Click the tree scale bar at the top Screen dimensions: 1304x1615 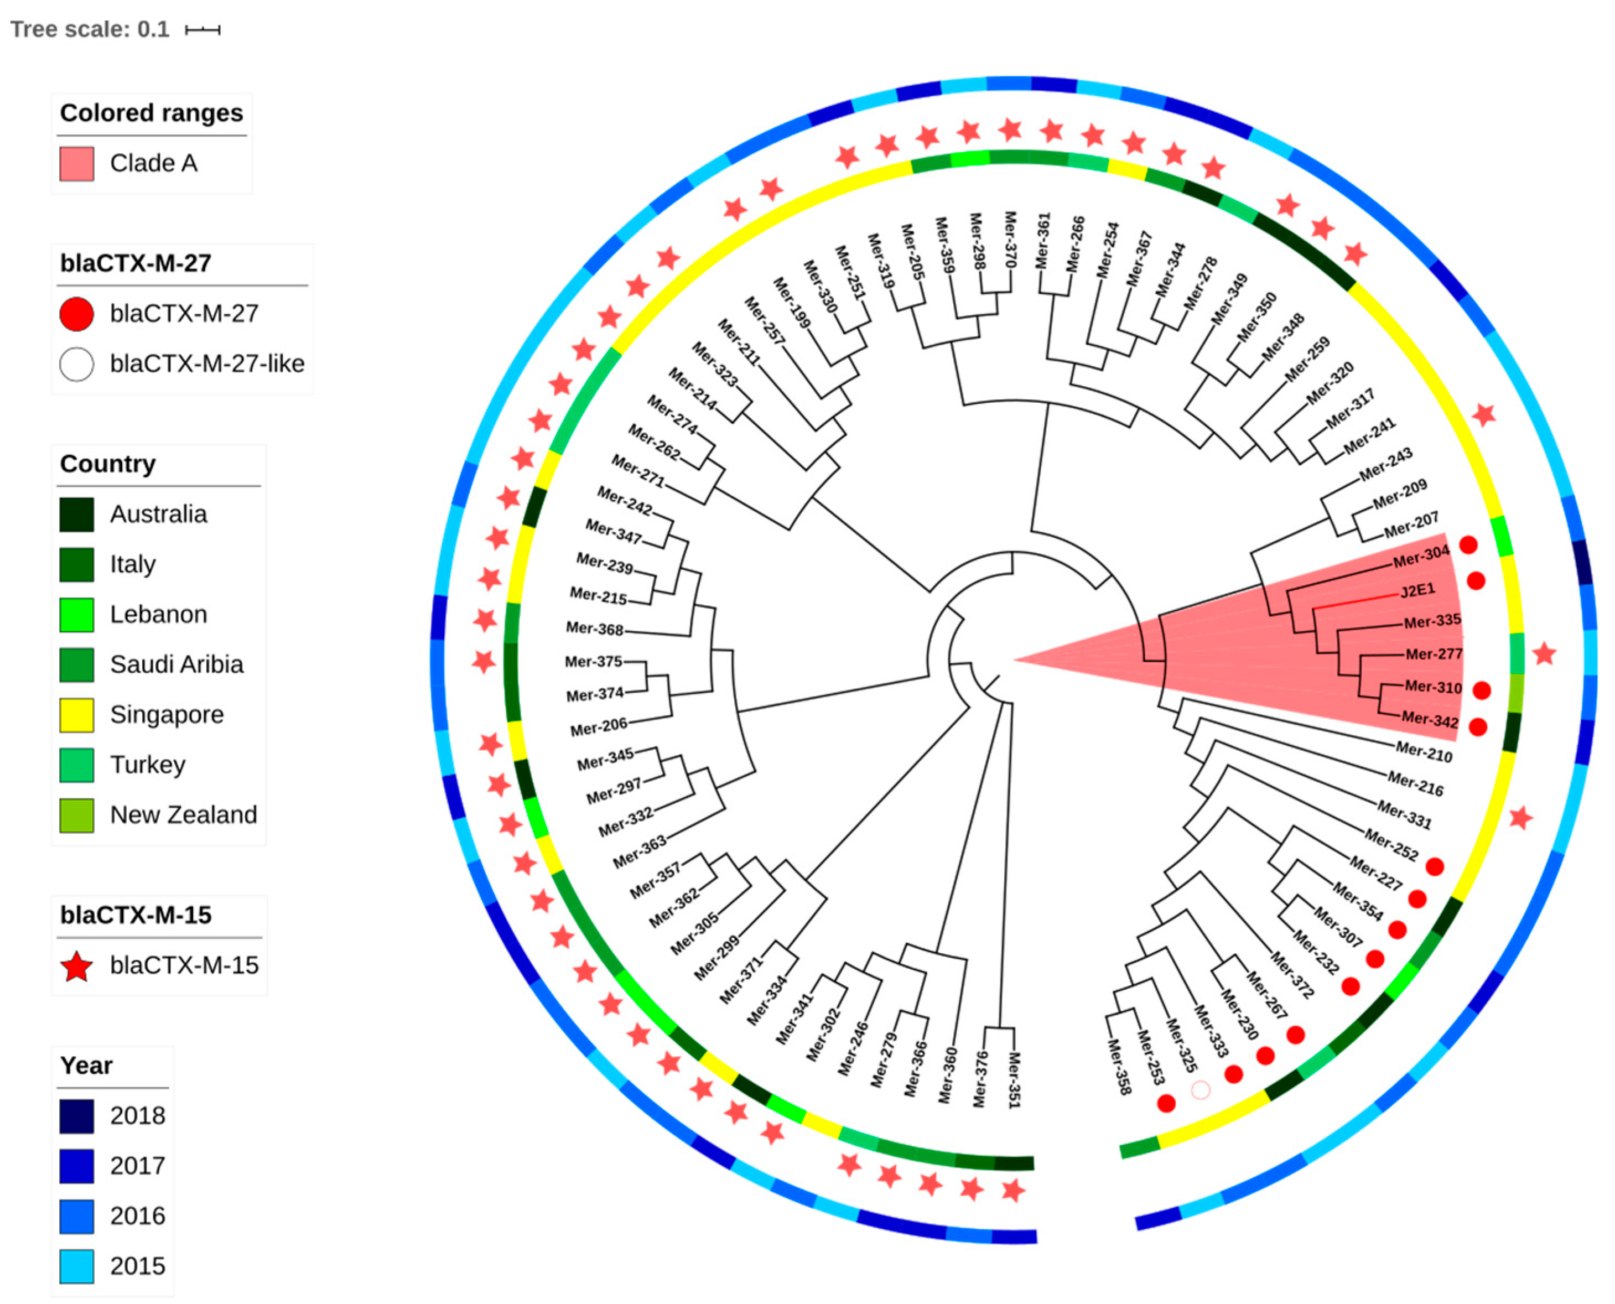click(x=203, y=30)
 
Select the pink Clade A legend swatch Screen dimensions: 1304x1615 click(x=76, y=164)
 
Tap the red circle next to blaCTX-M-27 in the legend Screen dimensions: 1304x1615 click(x=76, y=314)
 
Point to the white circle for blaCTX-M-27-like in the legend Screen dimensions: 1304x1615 click(x=76, y=364)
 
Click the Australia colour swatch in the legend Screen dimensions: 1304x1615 click(x=76, y=515)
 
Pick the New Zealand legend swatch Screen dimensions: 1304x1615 click(x=76, y=815)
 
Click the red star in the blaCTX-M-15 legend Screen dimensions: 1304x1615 click(x=76, y=967)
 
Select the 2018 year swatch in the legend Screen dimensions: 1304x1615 click(x=76, y=1116)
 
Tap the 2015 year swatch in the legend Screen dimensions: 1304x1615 click(x=76, y=1266)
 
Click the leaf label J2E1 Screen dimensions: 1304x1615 click(x=1417, y=590)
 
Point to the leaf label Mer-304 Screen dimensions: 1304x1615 click(x=1420, y=557)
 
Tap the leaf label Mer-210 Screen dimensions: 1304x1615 click(x=1424, y=751)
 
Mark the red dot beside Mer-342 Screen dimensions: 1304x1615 click(x=1478, y=727)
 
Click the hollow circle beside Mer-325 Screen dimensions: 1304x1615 click(x=1201, y=1090)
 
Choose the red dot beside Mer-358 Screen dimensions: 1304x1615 click(x=1166, y=1103)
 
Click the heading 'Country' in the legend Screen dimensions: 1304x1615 click(x=108, y=464)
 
